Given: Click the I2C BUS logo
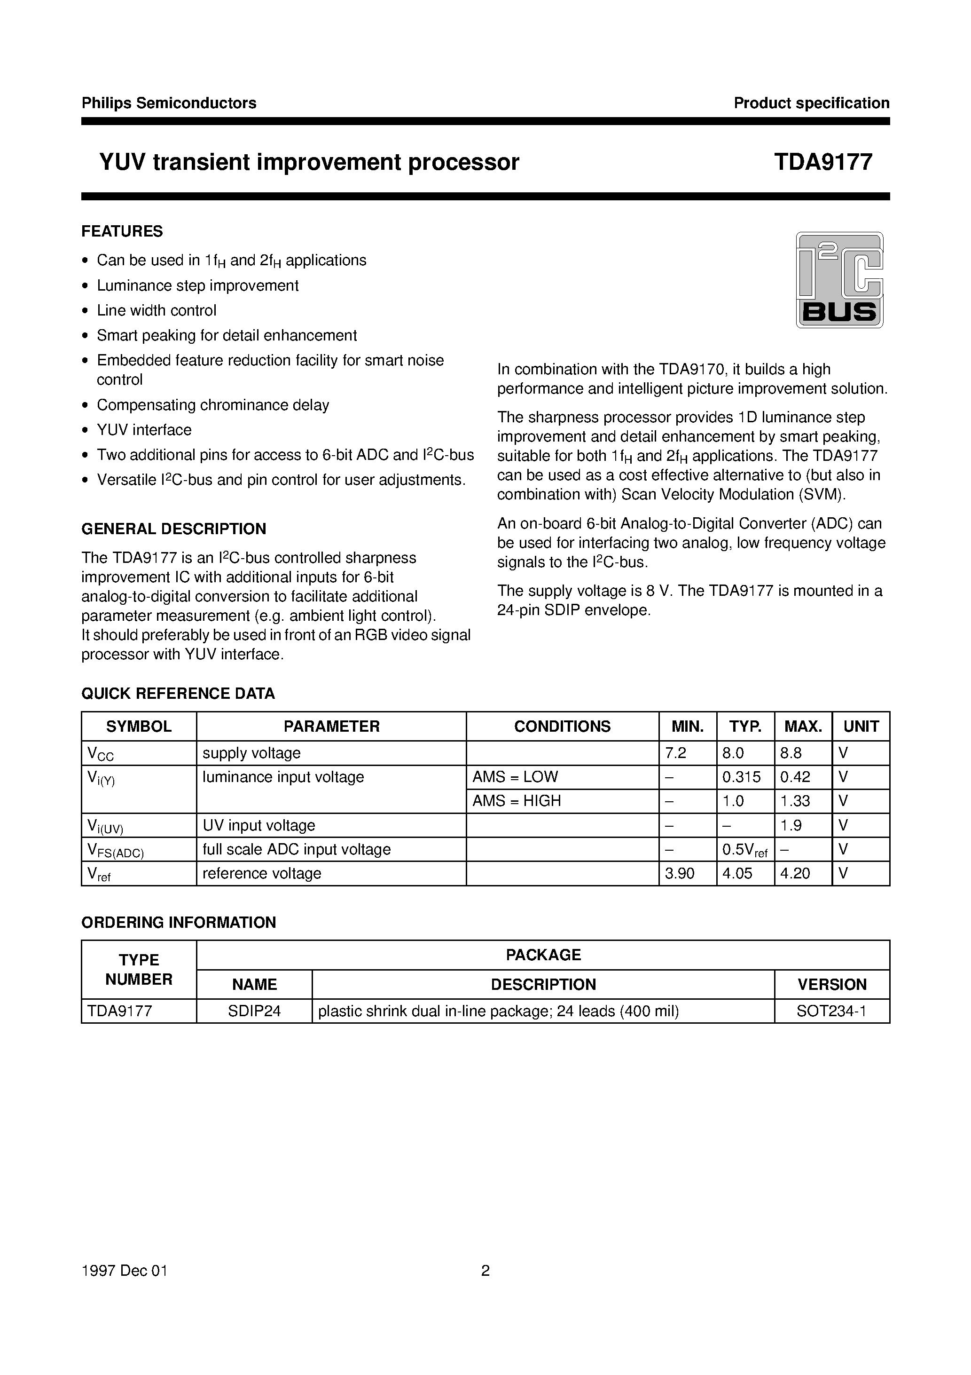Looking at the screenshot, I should [839, 280].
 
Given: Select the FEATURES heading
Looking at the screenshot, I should [122, 231].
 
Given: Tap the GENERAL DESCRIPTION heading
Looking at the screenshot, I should [173, 529].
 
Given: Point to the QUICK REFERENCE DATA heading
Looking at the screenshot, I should [178, 694].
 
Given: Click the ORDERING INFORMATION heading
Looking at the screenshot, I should [179, 922].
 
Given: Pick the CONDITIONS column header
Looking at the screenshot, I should [562, 727].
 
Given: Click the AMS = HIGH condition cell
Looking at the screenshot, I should [517, 801].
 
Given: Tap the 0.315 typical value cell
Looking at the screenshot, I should [741, 777].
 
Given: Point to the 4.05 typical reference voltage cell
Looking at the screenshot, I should [737, 873].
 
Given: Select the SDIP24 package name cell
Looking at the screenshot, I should [254, 1011].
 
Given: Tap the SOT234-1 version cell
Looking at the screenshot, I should [831, 1011].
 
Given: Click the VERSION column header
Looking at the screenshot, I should [831, 985].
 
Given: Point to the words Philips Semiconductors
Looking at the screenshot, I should [169, 103].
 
